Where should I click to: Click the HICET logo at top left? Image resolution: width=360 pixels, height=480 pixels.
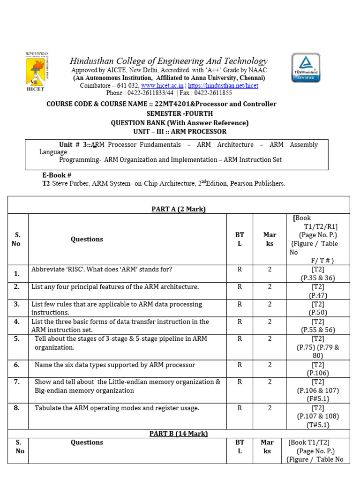pos(37,72)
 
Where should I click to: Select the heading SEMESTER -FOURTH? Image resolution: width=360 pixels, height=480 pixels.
pos(180,113)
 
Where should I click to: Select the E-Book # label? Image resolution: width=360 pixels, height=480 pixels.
pos(57,175)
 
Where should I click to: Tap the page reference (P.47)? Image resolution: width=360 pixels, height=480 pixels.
pos(318,295)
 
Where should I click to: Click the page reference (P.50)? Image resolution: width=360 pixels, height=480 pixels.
pos(318,312)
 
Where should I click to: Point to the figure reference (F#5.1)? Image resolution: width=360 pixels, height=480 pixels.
pos(318,398)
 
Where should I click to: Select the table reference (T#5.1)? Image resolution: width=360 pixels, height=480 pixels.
pos(318,425)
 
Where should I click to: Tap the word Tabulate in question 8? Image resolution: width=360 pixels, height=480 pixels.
pos(49,408)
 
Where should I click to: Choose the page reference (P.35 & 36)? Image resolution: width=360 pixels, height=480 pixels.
pos(318,278)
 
